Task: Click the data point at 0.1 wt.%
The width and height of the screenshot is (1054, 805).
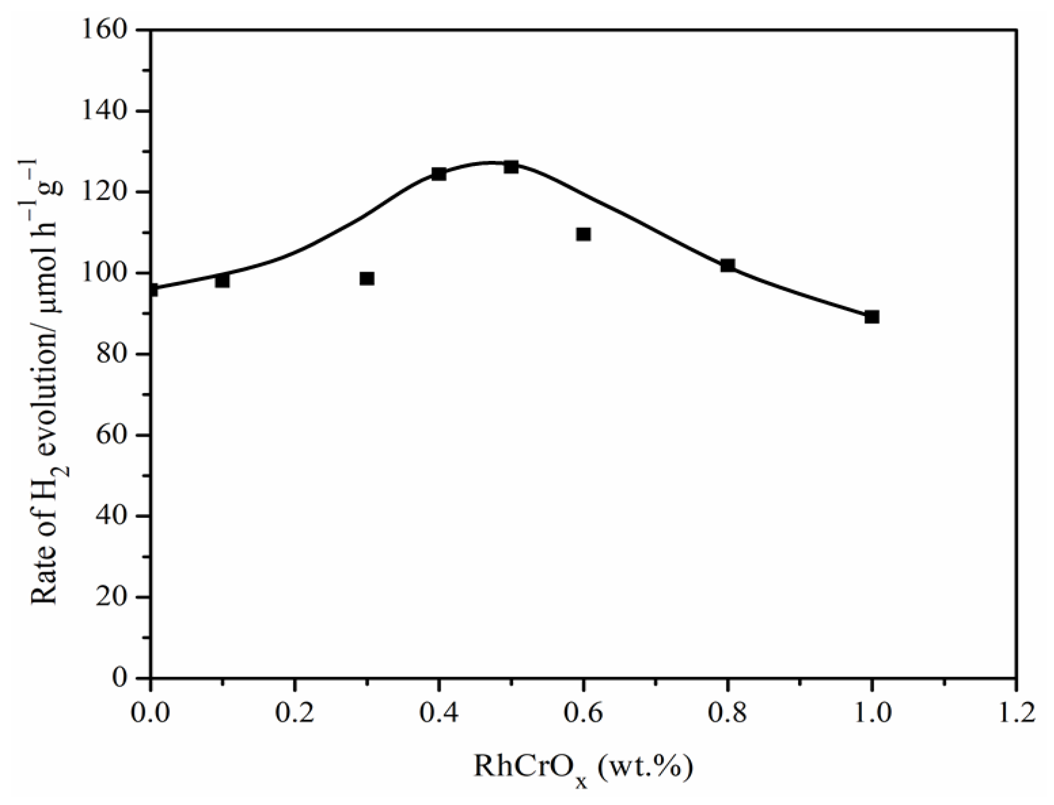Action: [x=222, y=280]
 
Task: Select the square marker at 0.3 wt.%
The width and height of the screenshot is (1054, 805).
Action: [x=366, y=278]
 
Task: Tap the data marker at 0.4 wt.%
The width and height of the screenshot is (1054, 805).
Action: [x=438, y=174]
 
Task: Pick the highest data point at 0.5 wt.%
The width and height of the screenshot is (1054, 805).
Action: [x=511, y=167]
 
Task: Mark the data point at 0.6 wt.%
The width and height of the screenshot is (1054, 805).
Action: [x=583, y=234]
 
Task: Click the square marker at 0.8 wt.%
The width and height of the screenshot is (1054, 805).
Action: [x=727, y=265]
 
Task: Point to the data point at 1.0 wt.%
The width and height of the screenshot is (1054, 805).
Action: [x=871, y=317]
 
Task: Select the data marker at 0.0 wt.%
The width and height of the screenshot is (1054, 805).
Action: [x=152, y=290]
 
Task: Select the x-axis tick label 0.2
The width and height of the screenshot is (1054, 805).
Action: [x=295, y=713]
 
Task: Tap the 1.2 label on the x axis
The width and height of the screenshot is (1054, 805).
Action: [x=1016, y=713]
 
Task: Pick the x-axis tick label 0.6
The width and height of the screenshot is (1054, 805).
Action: [x=583, y=713]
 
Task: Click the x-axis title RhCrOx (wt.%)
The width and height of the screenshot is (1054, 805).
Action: [x=584, y=768]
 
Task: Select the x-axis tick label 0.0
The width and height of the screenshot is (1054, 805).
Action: [x=151, y=713]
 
